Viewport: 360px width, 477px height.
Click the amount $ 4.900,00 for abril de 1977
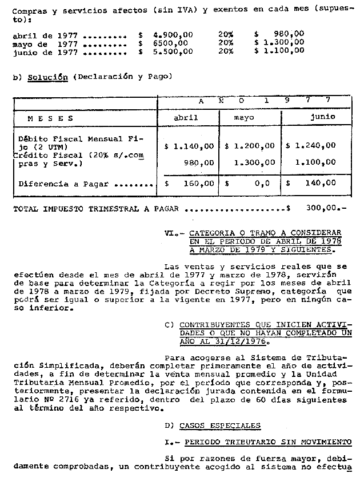pos(166,34)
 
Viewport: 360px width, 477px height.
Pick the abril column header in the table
pos(186,117)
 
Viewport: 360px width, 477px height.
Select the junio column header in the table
pos(322,117)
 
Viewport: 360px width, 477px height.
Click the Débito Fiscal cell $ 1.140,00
pos(189,146)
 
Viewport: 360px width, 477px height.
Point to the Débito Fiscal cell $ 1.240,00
pos(311,146)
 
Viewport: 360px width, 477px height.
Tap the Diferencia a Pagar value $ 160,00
pos(189,184)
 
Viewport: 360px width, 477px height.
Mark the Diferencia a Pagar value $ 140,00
pos(311,184)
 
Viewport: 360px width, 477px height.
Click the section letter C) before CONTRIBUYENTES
pos(169,324)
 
